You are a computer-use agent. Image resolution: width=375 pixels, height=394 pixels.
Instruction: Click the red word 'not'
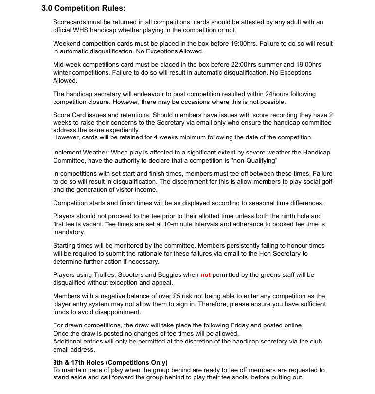point(205,275)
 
